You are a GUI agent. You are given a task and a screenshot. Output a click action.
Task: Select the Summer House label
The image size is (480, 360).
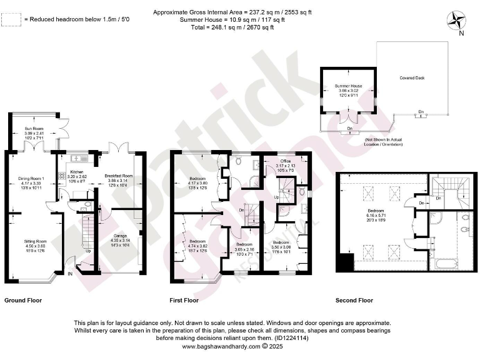348,85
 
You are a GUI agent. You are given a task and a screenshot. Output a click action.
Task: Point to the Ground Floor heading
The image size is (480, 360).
23,300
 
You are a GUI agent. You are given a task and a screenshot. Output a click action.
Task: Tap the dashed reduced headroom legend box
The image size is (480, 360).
10,20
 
